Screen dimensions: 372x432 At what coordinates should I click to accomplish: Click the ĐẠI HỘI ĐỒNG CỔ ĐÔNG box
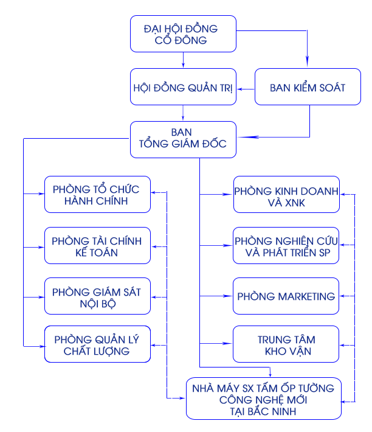click(183, 33)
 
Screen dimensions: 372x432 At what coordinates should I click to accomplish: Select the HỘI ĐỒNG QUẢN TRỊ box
click(183, 86)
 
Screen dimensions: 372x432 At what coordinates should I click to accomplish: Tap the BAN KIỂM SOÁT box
click(308, 86)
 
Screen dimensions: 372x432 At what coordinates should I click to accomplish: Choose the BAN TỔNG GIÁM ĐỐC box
click(183, 139)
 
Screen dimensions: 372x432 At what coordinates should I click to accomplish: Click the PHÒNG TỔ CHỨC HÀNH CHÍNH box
click(97, 194)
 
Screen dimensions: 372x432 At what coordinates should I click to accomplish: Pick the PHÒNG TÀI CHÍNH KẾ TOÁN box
click(97, 245)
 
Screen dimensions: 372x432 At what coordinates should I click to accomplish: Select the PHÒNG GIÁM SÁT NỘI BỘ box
click(97, 296)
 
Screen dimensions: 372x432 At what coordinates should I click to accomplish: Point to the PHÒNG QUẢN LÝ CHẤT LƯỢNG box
click(97, 344)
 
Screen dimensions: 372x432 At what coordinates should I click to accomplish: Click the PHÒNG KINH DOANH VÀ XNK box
click(286, 194)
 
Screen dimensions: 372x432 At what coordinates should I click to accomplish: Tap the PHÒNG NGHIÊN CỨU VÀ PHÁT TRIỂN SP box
click(286, 245)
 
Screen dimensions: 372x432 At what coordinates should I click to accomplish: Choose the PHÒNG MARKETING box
click(286, 296)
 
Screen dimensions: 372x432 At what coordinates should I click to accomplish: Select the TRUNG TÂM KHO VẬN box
click(286, 344)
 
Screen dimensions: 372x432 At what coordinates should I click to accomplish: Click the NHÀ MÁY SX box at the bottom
click(264, 399)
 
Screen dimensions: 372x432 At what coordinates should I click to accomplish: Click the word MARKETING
click(306, 296)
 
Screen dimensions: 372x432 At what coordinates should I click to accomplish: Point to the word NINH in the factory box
click(284, 411)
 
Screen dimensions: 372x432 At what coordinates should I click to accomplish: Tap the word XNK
click(295, 203)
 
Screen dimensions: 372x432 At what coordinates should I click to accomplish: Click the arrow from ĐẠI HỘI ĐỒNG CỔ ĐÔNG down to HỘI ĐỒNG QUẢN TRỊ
click(183, 60)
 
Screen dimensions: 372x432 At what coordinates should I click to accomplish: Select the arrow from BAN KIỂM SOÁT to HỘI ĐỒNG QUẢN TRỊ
click(246, 89)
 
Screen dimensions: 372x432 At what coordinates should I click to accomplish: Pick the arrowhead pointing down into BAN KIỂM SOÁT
click(307, 61)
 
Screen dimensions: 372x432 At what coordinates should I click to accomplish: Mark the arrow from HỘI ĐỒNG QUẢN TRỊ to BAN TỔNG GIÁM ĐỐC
click(183, 113)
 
